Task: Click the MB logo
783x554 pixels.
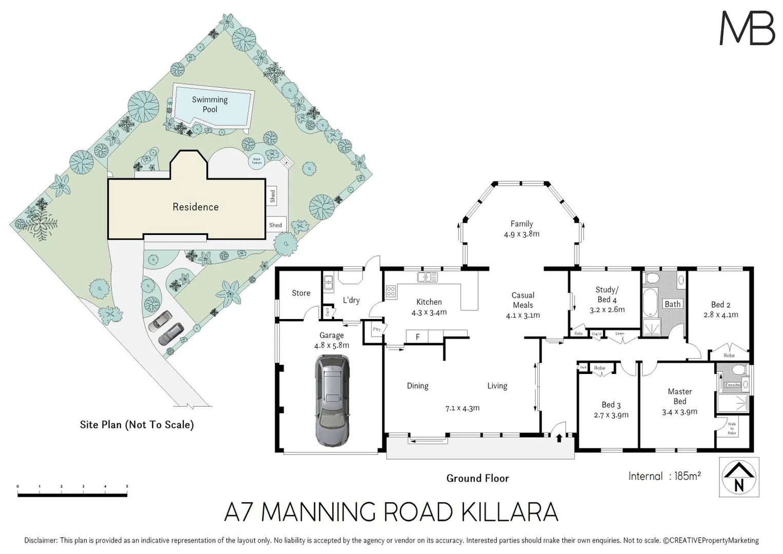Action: (x=747, y=28)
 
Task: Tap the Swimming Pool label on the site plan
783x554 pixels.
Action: (x=210, y=104)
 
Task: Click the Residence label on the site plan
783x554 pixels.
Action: (x=195, y=207)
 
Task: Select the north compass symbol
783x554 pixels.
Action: (x=739, y=477)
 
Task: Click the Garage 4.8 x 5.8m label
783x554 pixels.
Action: (x=331, y=340)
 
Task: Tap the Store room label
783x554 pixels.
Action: (x=301, y=293)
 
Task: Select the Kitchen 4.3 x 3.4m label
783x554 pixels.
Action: (x=429, y=307)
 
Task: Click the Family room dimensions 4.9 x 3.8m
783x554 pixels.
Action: (x=521, y=234)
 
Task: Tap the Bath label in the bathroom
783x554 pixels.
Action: (x=672, y=304)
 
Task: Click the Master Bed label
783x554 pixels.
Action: (x=680, y=396)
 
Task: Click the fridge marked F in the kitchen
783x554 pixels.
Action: (x=418, y=337)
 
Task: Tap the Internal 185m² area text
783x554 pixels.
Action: (x=664, y=476)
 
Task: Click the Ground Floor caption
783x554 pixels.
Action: (x=477, y=478)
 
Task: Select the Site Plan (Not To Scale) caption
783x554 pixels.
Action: (x=137, y=425)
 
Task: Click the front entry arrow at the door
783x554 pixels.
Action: (x=559, y=437)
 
